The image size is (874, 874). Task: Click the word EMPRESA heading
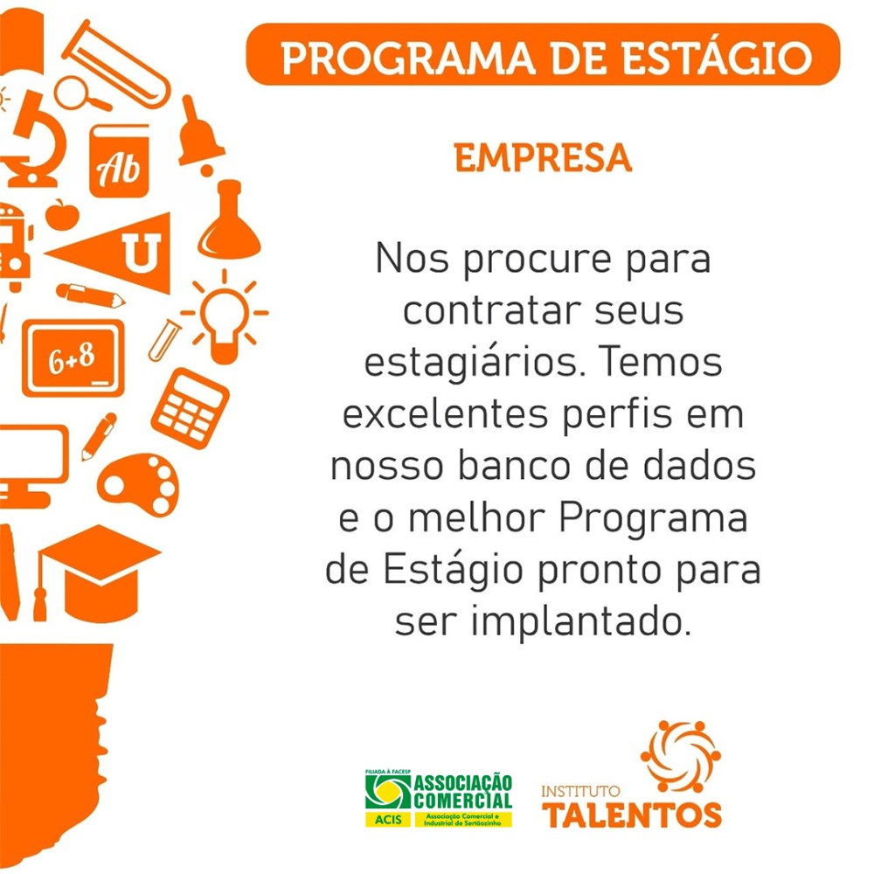[x=543, y=157]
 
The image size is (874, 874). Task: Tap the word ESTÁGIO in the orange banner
[x=717, y=58]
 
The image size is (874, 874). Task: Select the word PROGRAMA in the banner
[x=408, y=58]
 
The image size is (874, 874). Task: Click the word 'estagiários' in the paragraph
[x=475, y=363]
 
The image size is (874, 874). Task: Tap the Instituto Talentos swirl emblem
[x=681, y=756]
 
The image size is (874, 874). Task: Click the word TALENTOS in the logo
[x=632, y=815]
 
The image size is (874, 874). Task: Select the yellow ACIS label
[x=388, y=820]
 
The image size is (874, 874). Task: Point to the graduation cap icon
[x=98, y=573]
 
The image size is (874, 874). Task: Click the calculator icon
[x=190, y=408]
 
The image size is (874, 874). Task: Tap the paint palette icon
[x=139, y=484]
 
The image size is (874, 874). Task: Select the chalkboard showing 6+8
[x=73, y=358]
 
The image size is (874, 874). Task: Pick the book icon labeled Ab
[x=119, y=161]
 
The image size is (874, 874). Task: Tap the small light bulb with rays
[x=225, y=317]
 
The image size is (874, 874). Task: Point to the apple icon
[x=62, y=215]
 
